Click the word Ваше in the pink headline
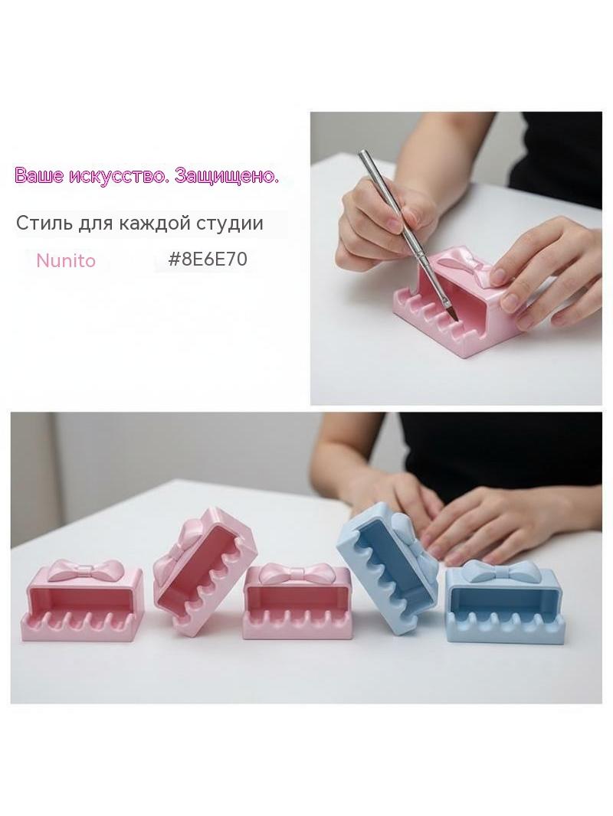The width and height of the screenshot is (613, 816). [x=40, y=176]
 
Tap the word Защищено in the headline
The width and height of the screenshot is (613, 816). [x=227, y=176]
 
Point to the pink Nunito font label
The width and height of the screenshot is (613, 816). [x=66, y=260]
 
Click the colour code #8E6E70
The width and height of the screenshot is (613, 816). [x=208, y=259]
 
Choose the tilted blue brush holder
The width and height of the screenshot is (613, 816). [x=388, y=566]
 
